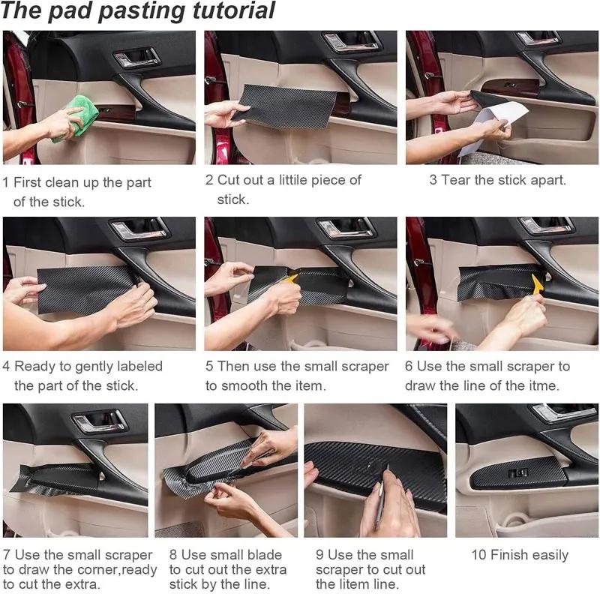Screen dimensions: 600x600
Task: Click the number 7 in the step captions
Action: click(7, 555)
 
